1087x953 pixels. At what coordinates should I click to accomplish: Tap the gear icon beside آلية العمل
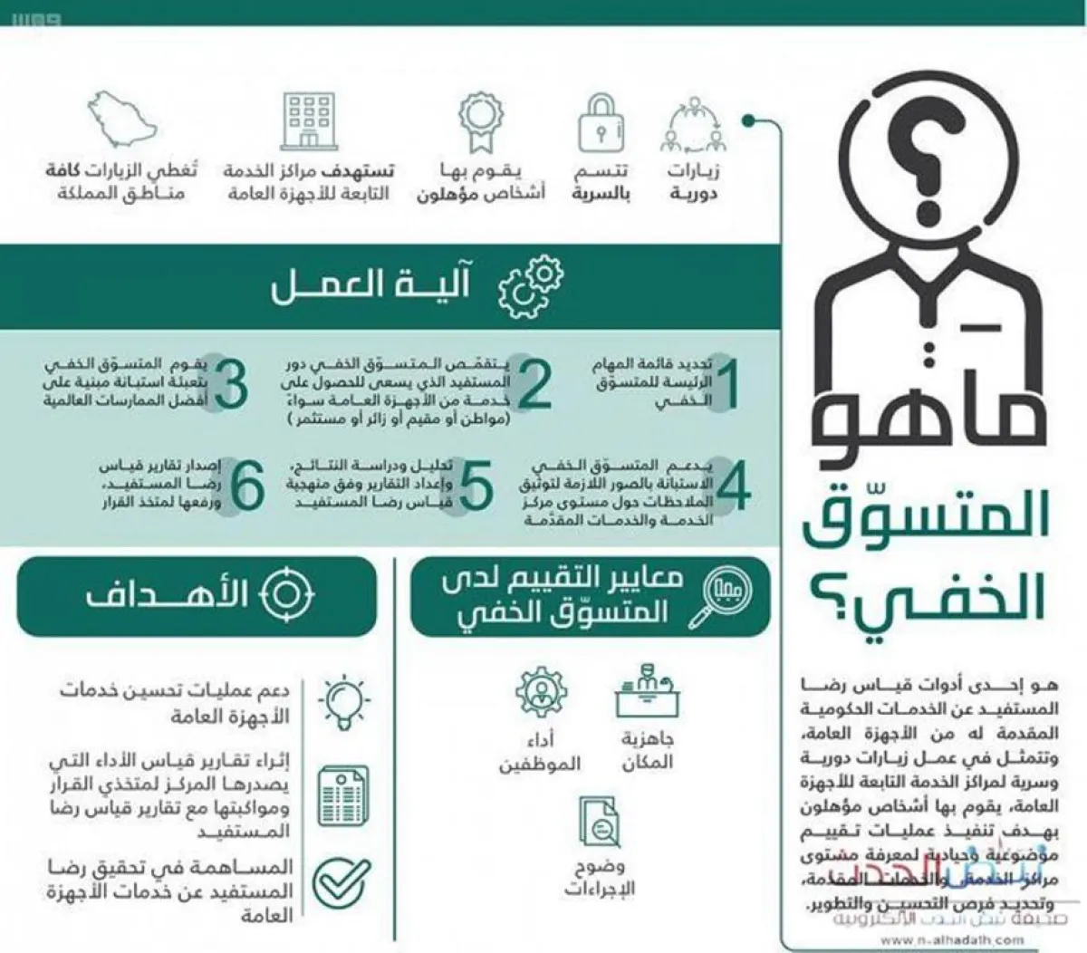click(x=530, y=286)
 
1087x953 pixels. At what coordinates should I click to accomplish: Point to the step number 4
click(x=734, y=486)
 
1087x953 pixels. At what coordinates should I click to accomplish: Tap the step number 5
click(x=476, y=486)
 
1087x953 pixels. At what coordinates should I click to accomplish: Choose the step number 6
click(x=246, y=486)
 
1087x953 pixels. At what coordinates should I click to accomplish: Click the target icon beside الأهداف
click(x=286, y=594)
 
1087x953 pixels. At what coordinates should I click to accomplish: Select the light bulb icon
click(x=344, y=703)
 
